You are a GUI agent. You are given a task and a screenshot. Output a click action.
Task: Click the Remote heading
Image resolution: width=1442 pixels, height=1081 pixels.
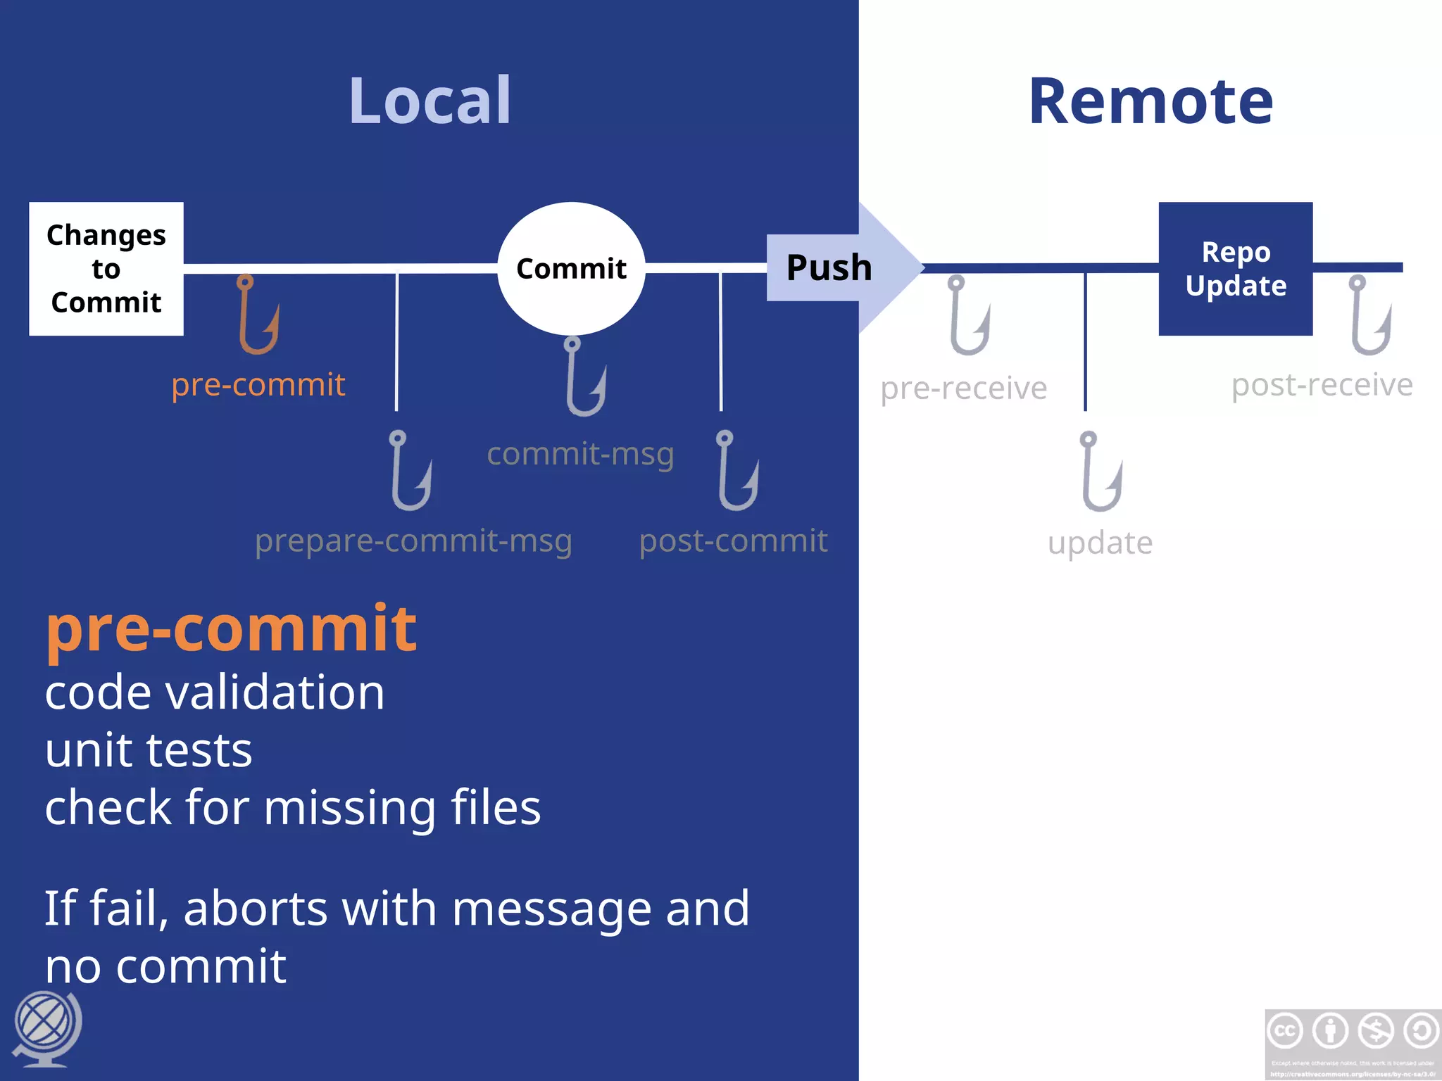[1151, 102]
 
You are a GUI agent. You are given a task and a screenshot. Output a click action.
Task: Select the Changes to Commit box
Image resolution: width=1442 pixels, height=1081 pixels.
[106, 268]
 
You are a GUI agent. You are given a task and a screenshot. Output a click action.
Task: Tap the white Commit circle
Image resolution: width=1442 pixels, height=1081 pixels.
[571, 268]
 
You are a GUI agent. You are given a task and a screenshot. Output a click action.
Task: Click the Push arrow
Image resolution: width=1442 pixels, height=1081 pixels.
[838, 267]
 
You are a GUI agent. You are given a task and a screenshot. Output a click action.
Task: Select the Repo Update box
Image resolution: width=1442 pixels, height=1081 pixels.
[1235, 268]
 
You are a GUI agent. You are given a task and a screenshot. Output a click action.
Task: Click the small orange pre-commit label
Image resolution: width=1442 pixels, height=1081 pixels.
[258, 384]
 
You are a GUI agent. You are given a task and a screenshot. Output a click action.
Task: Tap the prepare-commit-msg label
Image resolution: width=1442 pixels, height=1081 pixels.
[413, 540]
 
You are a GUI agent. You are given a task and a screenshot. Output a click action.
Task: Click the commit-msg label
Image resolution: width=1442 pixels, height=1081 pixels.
[580, 453]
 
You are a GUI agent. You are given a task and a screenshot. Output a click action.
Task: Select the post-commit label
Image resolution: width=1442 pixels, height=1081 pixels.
[733, 540]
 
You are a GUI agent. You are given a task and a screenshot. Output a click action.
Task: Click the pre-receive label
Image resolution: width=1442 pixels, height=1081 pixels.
[963, 388]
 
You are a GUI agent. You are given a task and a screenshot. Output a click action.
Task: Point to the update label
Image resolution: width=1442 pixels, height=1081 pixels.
[1100, 543]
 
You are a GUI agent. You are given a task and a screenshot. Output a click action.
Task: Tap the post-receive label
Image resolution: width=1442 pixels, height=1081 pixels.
[1322, 385]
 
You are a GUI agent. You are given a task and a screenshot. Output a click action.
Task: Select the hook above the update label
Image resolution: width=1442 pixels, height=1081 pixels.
[1101, 471]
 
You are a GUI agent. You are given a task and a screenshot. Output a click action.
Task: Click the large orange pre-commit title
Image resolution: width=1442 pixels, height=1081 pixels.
[231, 628]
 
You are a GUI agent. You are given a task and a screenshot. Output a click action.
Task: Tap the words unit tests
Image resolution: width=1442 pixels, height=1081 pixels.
[149, 750]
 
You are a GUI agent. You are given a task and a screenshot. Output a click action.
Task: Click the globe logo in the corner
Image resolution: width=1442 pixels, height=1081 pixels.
[46, 1028]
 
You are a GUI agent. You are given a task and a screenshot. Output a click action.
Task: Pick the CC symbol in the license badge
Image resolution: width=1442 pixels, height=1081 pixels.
[1285, 1031]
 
